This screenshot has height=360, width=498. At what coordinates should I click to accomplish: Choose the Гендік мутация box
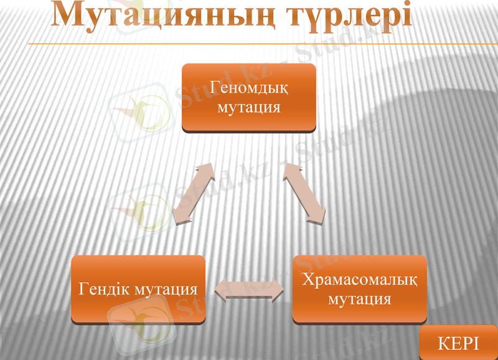pyautogui.click(x=138, y=289)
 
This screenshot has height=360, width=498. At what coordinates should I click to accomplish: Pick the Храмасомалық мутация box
pyautogui.click(x=359, y=288)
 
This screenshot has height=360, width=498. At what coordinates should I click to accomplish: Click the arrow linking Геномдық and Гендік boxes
pyautogui.click(x=192, y=194)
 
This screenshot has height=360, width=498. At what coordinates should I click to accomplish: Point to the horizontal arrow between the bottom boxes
pyautogui.click(x=249, y=290)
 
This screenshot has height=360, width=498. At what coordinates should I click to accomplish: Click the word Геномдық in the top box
pyautogui.click(x=249, y=87)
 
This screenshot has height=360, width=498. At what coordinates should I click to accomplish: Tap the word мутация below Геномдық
pyautogui.click(x=249, y=107)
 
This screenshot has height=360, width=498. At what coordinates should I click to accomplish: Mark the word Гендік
pyautogui.click(x=102, y=290)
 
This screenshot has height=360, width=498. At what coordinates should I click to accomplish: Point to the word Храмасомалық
pyautogui.click(x=360, y=280)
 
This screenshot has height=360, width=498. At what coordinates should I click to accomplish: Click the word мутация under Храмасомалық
pyautogui.click(x=359, y=299)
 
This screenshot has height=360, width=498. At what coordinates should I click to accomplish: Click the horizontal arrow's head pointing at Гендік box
pyautogui.click(x=220, y=290)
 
